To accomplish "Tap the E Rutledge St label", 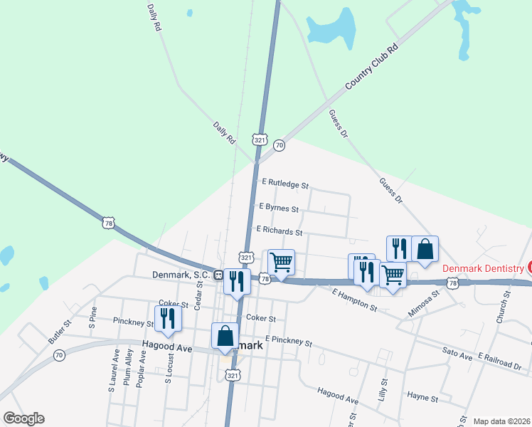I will (x=285, y=184).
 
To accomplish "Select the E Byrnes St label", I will (x=279, y=208).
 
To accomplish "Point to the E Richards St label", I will (x=279, y=231).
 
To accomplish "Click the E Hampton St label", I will (x=354, y=299).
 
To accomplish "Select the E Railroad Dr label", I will (x=499, y=359).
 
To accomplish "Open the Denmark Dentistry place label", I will (x=483, y=268).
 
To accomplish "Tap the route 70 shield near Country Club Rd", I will (x=279, y=145).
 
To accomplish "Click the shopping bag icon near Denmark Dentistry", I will (x=425, y=250).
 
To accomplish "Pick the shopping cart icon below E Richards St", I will (x=281, y=263).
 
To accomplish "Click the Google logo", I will (x=23, y=418).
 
